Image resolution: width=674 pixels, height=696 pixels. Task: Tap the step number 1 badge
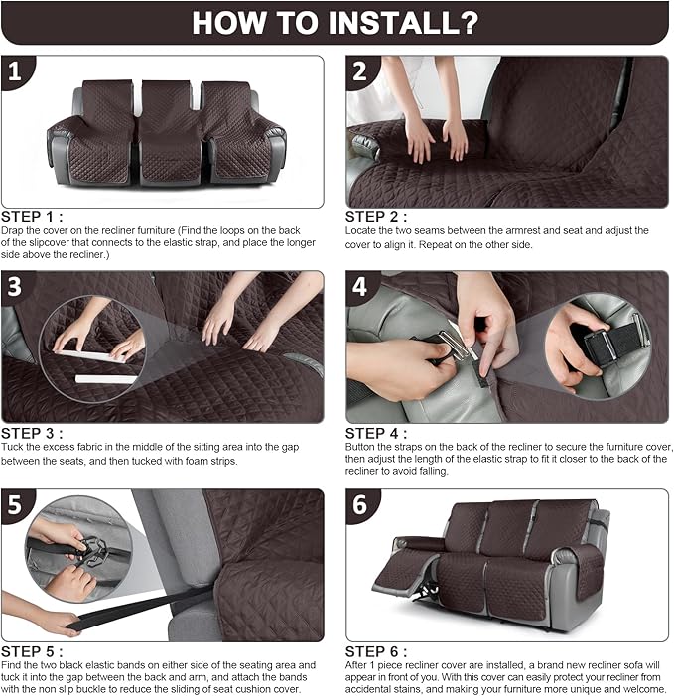tap(16, 72)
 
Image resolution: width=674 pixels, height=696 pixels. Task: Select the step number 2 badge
tap(361, 72)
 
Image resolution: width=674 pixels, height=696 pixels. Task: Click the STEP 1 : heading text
tap(34, 216)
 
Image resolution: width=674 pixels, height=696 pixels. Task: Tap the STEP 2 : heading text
tap(377, 216)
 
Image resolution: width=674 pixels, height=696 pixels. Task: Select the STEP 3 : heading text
tap(34, 434)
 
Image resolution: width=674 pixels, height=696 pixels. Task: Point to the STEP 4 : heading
tap(377, 434)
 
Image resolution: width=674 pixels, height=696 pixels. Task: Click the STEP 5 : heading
tap(34, 650)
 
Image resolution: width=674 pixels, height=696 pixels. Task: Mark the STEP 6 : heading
tap(377, 650)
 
